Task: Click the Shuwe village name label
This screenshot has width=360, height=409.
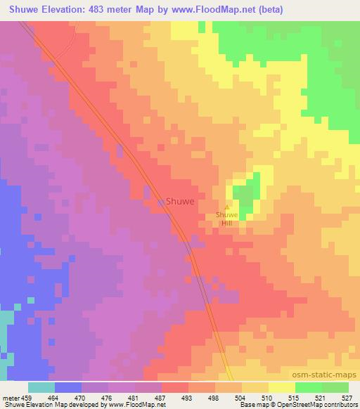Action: (x=180, y=200)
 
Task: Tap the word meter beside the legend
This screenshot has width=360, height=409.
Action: (x=10, y=397)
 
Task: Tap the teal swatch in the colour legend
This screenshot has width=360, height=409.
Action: (x=41, y=387)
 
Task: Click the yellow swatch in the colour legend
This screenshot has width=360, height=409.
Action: (x=281, y=387)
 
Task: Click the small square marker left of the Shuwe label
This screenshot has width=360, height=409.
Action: (x=161, y=202)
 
